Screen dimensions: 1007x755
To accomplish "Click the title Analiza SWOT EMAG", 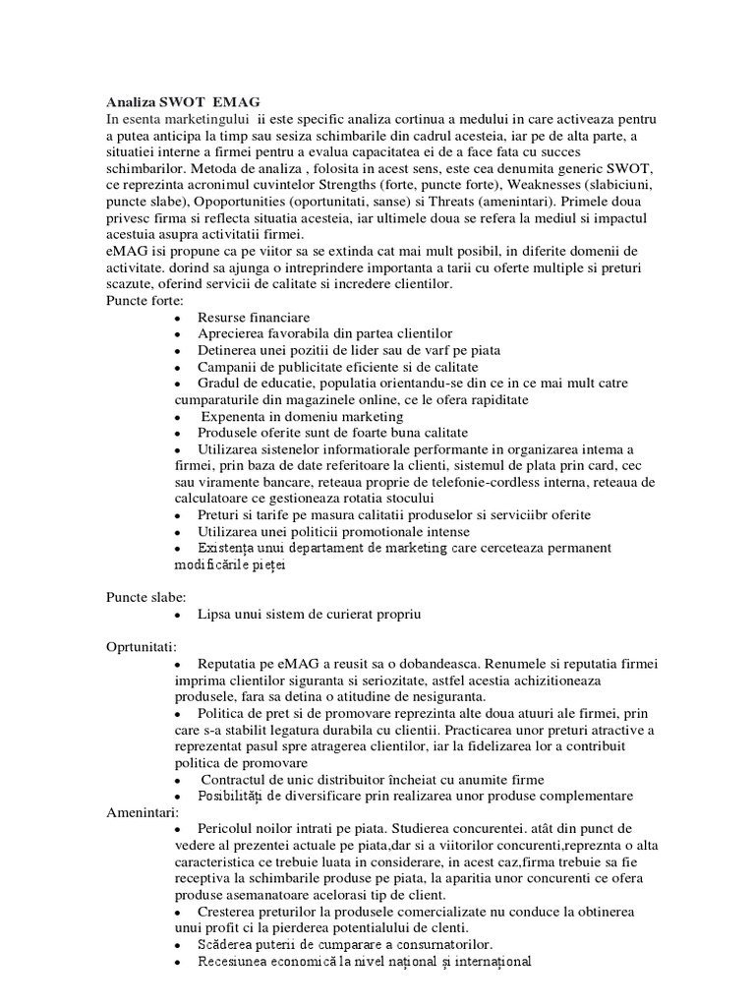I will click(x=184, y=102).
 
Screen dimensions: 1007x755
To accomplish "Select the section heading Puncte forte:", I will click(x=139, y=301).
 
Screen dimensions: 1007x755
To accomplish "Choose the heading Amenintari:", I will click(x=142, y=813).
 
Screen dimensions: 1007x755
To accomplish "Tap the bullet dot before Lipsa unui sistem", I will click(x=177, y=615).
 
